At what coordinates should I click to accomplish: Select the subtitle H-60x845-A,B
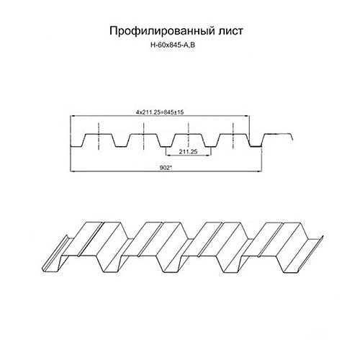173,45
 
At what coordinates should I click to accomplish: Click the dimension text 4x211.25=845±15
160,112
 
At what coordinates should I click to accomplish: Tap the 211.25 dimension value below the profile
188,151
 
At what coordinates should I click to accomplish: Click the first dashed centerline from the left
99,136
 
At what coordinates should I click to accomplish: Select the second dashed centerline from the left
143,136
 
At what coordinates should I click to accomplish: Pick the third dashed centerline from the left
189,136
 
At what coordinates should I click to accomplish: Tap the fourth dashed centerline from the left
233,136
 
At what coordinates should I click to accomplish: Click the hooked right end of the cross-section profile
292,137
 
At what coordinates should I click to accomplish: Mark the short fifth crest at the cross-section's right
279,134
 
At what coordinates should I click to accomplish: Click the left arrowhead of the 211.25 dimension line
168,156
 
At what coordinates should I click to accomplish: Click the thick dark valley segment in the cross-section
255,146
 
